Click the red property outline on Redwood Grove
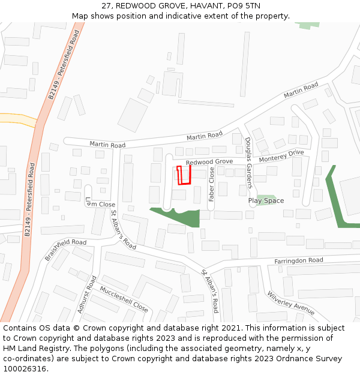[x=184, y=175]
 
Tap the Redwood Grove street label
[x=209, y=162]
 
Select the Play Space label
[x=266, y=200]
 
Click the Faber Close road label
[x=211, y=184]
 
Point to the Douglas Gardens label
[x=249, y=163]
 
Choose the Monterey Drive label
[x=281, y=156]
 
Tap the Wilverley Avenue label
[x=291, y=303]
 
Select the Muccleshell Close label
[x=124, y=299]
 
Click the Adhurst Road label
[x=88, y=295]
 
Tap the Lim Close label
[x=100, y=205]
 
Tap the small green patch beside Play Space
[x=266, y=198]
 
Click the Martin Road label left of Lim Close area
[x=107, y=145]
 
